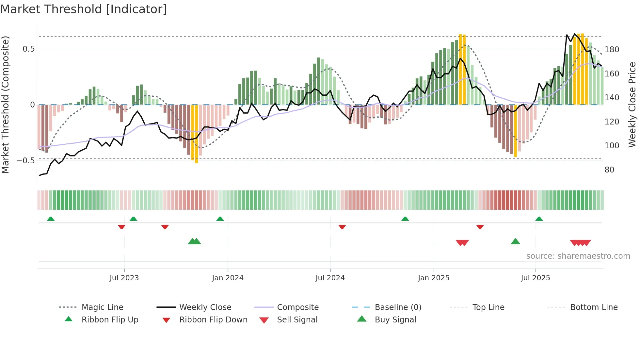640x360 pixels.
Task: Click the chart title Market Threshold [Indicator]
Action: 84,9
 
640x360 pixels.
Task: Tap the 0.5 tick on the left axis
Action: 28,49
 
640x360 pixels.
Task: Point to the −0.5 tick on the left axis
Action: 26,160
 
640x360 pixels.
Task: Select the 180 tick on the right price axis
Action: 612,50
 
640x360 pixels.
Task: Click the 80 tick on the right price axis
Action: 609,170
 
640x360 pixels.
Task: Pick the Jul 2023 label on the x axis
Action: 124,278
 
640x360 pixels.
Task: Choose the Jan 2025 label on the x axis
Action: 433,278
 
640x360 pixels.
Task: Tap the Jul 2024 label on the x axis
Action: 330,278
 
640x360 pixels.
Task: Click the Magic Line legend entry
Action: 102,307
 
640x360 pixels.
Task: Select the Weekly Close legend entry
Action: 205,307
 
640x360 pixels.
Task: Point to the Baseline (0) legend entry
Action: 398,307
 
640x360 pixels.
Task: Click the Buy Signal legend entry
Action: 395,320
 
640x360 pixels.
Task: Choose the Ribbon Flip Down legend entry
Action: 213,320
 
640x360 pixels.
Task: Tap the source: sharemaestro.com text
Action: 578,256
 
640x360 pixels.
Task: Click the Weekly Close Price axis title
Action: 632,105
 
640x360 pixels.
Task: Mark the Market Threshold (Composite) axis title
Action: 5,105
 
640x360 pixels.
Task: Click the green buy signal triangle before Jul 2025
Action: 515,241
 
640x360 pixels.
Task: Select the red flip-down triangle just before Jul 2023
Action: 121,227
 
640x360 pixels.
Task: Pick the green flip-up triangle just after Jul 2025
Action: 539,219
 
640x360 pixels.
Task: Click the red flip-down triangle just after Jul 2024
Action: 342,227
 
